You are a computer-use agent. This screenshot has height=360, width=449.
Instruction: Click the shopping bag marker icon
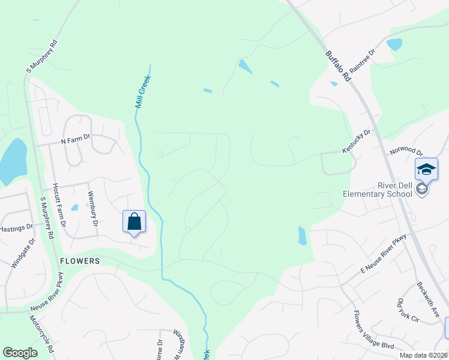(x=134, y=221)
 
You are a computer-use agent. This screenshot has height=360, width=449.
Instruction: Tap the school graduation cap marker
(x=426, y=170)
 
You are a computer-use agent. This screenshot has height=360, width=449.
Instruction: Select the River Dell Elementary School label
(x=378, y=189)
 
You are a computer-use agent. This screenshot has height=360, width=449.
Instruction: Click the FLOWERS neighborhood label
(x=79, y=261)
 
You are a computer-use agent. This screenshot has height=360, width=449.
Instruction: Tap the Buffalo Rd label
(x=337, y=66)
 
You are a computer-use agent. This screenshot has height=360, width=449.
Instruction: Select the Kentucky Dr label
(x=357, y=140)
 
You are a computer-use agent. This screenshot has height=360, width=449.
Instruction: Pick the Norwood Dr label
(x=407, y=152)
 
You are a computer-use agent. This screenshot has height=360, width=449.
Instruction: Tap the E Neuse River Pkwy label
(x=384, y=254)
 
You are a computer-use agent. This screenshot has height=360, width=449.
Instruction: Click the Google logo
(x=20, y=353)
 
